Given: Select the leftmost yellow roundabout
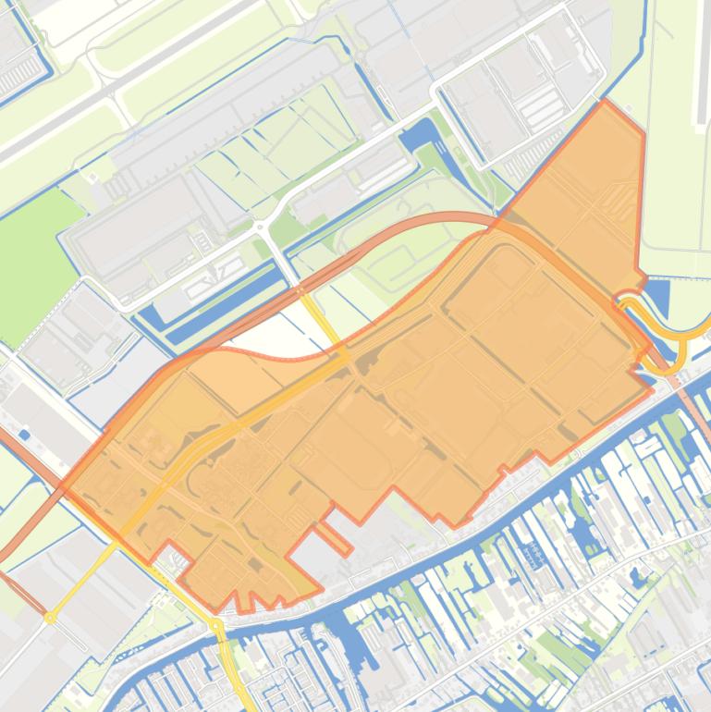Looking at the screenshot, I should click(50, 617).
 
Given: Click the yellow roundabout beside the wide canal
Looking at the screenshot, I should click(216, 626).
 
